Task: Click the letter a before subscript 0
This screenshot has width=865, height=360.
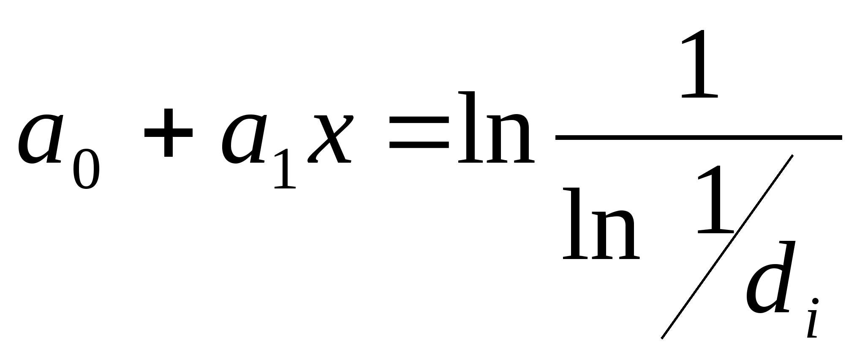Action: [x=40, y=139]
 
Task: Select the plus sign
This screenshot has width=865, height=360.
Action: [x=169, y=132]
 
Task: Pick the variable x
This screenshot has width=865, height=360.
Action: [x=330, y=139]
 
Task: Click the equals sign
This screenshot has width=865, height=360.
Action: [x=419, y=132]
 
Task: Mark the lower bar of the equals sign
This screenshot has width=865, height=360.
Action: [x=419, y=145]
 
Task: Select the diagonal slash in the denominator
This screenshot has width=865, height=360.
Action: [x=726, y=247]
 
